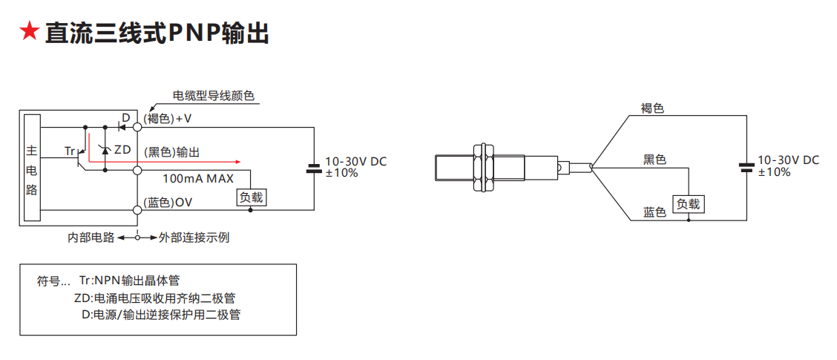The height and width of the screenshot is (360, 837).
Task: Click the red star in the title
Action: pos(29,33)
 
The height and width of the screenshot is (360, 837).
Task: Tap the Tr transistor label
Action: pos(70,151)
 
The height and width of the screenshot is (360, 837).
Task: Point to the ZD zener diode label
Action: pos(122,150)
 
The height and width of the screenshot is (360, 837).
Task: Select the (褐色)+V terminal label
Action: pos(167,119)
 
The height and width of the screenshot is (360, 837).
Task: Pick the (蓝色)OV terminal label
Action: pos(168,203)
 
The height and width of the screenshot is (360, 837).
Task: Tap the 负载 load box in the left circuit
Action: pos(250,197)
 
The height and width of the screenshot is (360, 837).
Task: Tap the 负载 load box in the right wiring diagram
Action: pos(689,204)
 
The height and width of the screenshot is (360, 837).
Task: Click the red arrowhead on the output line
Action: pos(237,160)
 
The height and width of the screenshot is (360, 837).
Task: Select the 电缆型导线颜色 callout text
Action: pos(214,96)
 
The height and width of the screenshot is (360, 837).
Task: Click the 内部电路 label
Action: pos(91,238)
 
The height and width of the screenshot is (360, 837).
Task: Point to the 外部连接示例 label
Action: pos(194,238)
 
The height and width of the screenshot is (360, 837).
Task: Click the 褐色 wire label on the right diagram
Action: pos(652,108)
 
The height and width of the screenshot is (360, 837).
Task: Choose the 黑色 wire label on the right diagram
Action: pos(654,160)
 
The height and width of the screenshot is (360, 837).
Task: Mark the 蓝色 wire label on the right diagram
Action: pos(654,212)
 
